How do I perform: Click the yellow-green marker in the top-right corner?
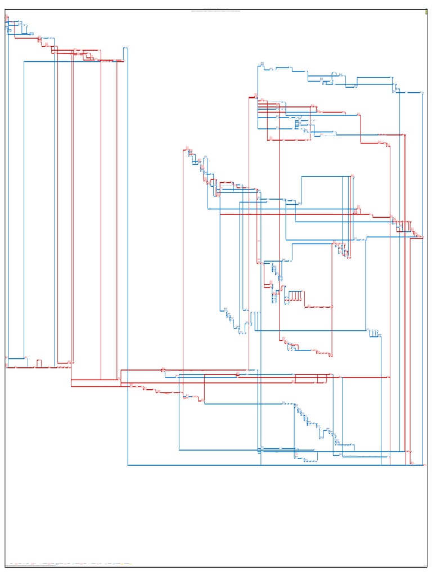(x=426, y=12)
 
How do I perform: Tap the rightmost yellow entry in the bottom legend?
(x=128, y=563)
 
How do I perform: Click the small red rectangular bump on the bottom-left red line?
(x=39, y=363)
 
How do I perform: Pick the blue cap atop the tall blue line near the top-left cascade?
(x=126, y=49)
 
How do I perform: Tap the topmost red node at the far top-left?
(x=7, y=18)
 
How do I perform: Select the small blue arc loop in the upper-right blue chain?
(x=339, y=74)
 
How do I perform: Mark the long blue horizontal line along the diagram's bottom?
(x=270, y=465)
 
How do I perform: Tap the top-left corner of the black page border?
(x=6, y=10)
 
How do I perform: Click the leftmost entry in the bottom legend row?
(x=11, y=563)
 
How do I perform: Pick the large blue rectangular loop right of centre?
(x=326, y=191)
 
